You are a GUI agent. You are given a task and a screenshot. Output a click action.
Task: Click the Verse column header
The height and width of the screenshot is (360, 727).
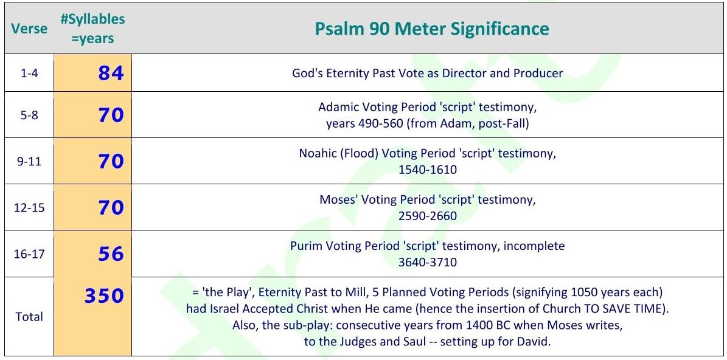tap(29, 29)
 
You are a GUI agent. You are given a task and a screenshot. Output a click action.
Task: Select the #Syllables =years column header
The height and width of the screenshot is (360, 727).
tap(92, 29)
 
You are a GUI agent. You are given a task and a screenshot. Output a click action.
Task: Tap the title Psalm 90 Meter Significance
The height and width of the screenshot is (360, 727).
tap(432, 29)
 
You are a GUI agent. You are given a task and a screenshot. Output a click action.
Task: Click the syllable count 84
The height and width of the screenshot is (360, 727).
tap(111, 73)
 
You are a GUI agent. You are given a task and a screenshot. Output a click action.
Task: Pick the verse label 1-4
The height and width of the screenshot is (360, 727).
tap(29, 73)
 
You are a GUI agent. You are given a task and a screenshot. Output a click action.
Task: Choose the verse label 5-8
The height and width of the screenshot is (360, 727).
tap(29, 115)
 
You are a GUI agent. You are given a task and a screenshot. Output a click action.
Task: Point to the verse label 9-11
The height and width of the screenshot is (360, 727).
tap(29, 161)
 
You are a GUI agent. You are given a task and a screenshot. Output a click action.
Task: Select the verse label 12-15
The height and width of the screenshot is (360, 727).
tap(29, 207)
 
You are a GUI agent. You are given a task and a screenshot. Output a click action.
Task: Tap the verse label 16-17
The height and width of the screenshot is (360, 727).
tap(29, 254)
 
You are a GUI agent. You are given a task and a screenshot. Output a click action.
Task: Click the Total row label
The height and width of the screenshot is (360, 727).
tap(29, 317)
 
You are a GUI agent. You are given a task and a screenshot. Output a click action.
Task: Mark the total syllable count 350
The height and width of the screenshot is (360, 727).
tap(104, 296)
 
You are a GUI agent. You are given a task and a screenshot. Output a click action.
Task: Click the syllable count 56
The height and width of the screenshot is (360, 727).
tap(111, 254)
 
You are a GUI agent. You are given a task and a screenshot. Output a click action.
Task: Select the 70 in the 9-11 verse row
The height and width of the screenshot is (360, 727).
tap(111, 161)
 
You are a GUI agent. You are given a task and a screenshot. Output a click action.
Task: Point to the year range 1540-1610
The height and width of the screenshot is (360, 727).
tap(428, 170)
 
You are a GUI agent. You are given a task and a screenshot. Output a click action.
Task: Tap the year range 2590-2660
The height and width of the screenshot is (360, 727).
tap(428, 216)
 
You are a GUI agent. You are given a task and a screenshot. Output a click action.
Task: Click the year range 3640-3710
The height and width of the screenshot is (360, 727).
tap(428, 262)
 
